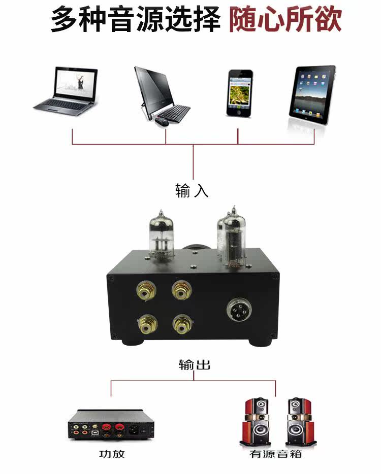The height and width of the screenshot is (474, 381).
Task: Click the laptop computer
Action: tap(66, 91)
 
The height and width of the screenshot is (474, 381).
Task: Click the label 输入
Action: tap(192, 191)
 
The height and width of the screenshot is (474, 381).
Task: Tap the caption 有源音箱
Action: tap(276, 454)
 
